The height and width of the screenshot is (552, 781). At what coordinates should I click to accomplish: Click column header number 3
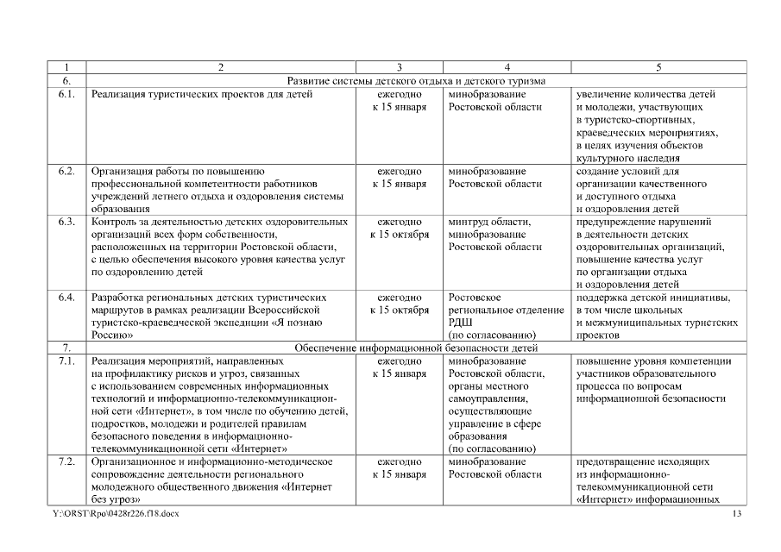coord(400,66)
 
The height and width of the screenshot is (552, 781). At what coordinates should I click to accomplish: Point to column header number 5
coord(659,66)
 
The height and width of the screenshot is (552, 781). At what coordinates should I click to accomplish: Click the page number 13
coord(736,514)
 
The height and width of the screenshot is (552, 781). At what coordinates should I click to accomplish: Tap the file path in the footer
coord(117,514)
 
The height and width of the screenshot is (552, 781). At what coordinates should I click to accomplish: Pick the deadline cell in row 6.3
coord(400,229)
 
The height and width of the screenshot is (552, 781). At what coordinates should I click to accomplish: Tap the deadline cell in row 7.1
coord(400,367)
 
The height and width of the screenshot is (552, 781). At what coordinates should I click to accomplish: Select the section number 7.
coord(66,348)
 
